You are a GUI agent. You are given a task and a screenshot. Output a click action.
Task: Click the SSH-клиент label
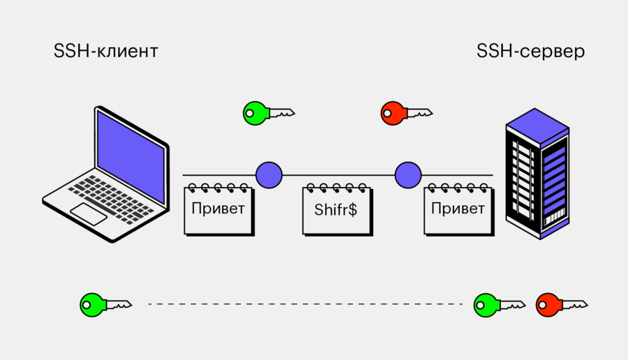(x=106, y=52)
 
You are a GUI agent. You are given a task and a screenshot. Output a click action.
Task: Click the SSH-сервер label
(x=530, y=52)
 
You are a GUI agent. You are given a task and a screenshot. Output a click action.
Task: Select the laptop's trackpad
(x=89, y=213)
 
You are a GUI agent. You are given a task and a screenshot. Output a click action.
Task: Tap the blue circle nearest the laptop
(x=269, y=174)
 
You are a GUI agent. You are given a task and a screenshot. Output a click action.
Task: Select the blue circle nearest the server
(x=408, y=174)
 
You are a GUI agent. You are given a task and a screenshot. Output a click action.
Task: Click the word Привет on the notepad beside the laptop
(x=218, y=209)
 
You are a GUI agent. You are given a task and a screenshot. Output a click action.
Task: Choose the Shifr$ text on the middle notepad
(x=336, y=209)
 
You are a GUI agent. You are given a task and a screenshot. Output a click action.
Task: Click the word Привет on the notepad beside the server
(x=457, y=209)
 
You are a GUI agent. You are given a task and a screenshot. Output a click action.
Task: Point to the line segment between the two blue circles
(x=338, y=174)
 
